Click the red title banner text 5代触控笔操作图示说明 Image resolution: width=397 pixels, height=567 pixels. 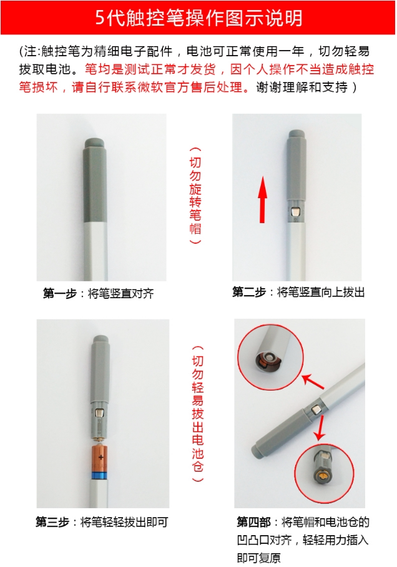198,18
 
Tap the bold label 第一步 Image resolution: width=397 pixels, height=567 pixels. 59,293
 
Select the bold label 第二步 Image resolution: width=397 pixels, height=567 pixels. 249,292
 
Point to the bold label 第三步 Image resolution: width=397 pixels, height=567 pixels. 52,522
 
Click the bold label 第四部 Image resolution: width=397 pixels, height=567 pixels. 253,522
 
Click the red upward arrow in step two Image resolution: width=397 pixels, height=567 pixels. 262,199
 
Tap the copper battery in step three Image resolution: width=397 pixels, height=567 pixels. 100,459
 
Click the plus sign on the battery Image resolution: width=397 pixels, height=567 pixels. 100,457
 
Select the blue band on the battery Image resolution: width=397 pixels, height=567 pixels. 100,475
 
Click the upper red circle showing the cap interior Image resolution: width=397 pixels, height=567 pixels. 270,358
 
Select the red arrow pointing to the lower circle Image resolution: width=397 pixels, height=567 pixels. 320,428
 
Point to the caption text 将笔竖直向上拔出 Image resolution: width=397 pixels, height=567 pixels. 320,292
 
